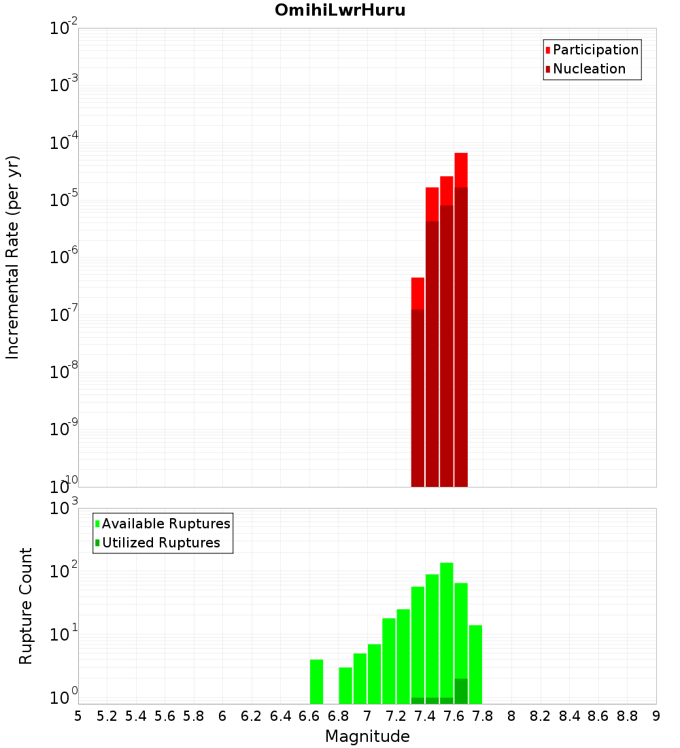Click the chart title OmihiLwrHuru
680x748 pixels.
pos(340,10)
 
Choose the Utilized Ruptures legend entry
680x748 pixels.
pos(160,543)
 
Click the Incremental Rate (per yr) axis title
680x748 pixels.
pos(13,257)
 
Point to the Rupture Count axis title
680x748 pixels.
pos(26,606)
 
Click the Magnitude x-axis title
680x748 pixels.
pos(367,736)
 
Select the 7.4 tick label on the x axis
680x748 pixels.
pos(425,716)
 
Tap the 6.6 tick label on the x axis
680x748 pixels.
pos(309,716)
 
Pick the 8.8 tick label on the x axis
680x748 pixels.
pos(627,716)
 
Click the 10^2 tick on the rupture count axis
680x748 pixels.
pos(65,571)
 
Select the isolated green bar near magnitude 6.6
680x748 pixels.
pos(316,681)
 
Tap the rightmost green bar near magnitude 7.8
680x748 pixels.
pos(475,664)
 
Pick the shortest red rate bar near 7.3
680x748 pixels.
pos(418,381)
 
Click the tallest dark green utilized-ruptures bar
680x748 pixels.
pos(461,691)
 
